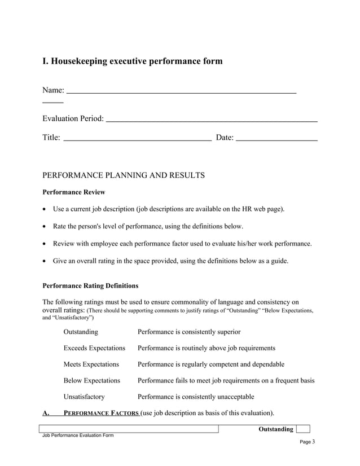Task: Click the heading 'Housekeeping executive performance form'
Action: tap(133, 61)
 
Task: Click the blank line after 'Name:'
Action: tap(181, 91)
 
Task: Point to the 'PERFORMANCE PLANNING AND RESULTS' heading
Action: tap(124, 175)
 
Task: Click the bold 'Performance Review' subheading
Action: tap(73, 192)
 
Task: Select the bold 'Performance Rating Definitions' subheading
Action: tap(90, 285)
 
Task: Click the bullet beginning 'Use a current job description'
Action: tap(169, 209)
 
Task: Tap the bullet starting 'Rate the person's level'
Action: tap(148, 226)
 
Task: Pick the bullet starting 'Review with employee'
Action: tap(182, 244)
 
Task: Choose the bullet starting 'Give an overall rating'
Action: tap(170, 261)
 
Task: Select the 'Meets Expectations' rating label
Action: tap(91, 364)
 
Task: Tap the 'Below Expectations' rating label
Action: tap(92, 381)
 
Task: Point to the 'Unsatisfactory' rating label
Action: tap(84, 397)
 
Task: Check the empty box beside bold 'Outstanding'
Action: tap(303, 429)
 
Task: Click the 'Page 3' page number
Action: tap(307, 442)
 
